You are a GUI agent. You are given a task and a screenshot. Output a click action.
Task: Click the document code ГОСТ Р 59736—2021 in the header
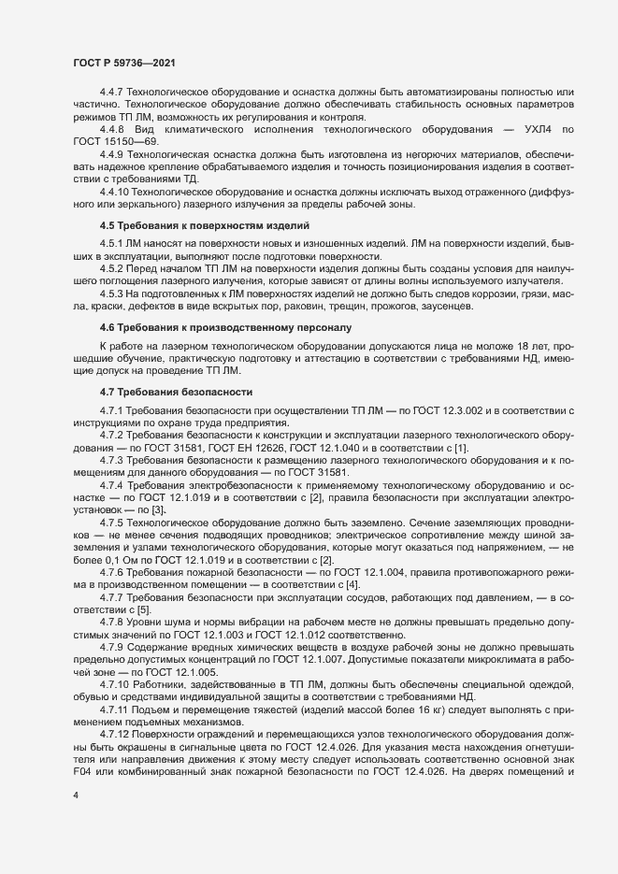tap(122, 62)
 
